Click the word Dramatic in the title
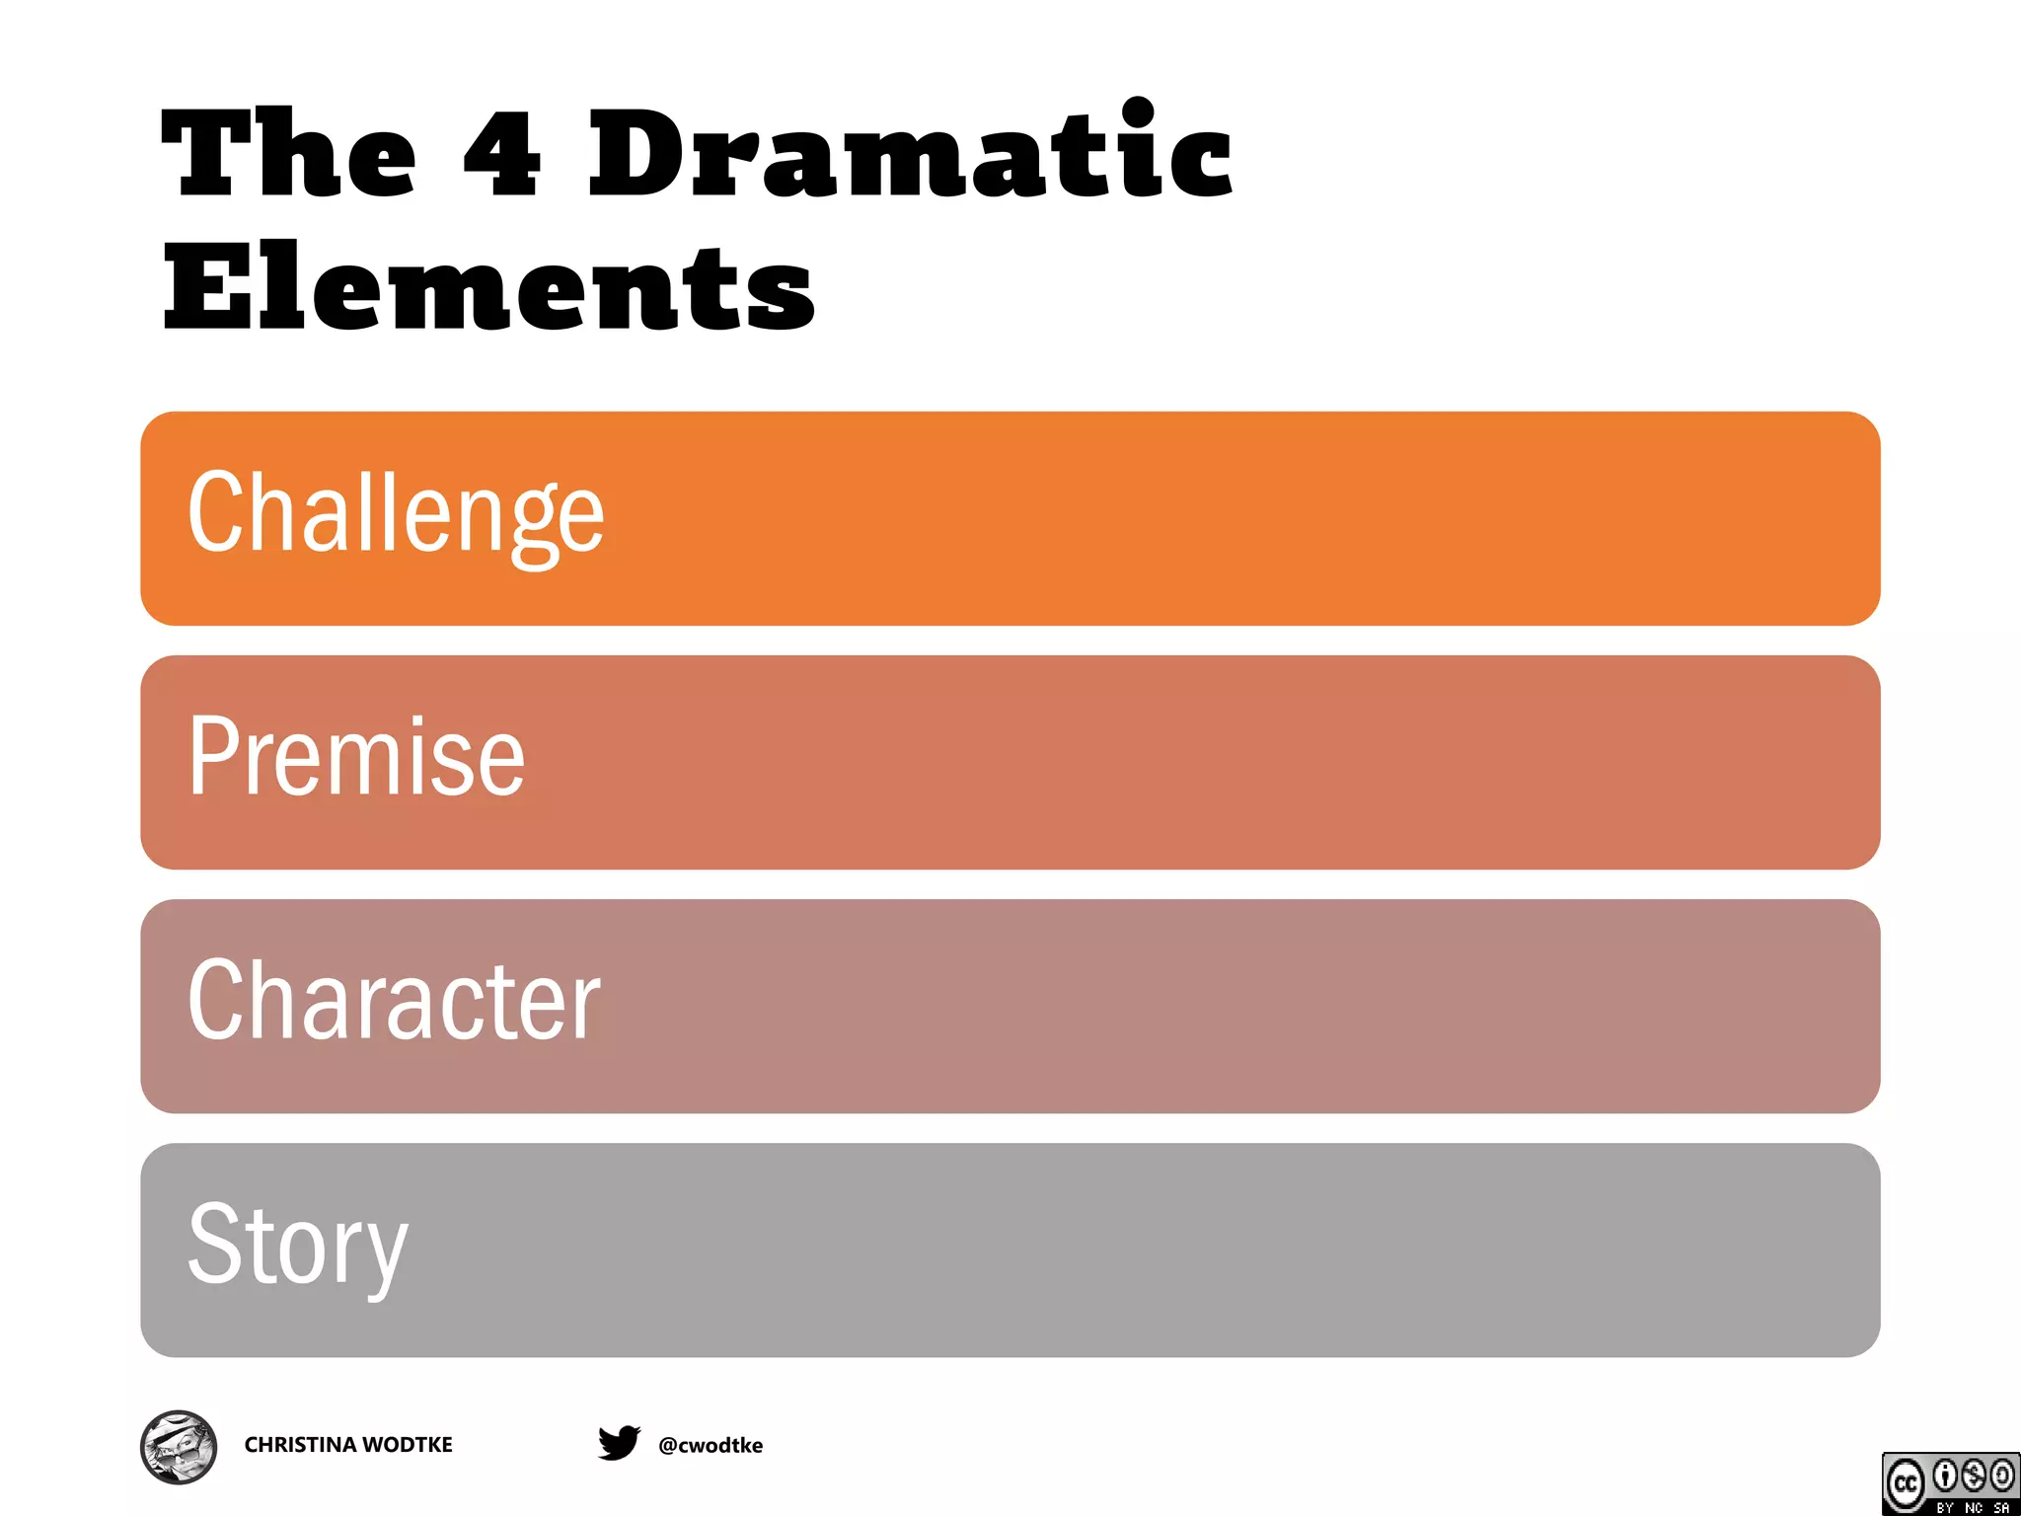point(910,153)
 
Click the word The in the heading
point(288,153)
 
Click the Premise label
point(356,757)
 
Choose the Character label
point(394,1001)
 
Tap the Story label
point(297,1246)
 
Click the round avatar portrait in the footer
point(179,1447)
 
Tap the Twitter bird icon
point(619,1443)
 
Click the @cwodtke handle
point(711,1446)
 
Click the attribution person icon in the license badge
point(1945,1476)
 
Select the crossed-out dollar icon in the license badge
point(1974,1476)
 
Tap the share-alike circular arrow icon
point(2002,1476)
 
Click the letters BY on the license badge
point(1945,1507)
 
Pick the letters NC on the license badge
point(1974,1507)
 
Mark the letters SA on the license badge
point(2001,1507)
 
